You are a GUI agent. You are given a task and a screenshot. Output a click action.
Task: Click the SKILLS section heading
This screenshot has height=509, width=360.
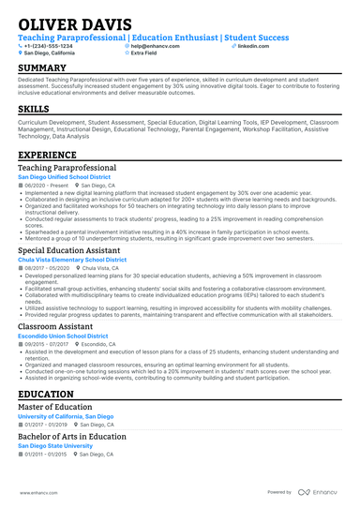(34, 109)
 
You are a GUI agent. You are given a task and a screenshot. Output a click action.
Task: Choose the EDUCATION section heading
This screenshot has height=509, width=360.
(46, 395)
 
